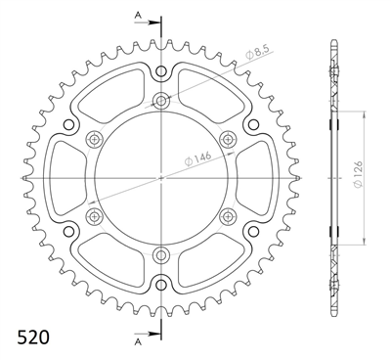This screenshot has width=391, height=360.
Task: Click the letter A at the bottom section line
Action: pyautogui.click(x=139, y=341)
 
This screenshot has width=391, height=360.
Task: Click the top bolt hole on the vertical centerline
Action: pyautogui.click(x=161, y=100)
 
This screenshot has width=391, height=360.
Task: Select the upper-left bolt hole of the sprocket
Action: pyautogui.click(x=95, y=138)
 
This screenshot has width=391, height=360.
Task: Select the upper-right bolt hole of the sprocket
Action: pyautogui.click(x=228, y=138)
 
